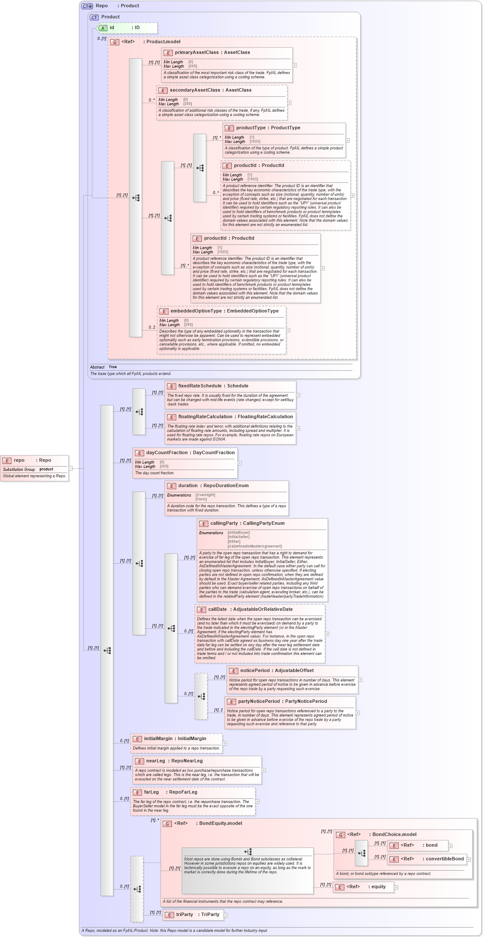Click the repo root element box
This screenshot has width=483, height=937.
34,468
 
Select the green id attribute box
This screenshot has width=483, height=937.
127,28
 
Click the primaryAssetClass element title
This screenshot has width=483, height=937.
212,53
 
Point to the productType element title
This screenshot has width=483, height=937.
268,128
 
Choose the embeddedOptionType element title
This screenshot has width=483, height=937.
224,311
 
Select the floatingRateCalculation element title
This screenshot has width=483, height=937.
235,417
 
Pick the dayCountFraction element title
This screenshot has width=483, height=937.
190,453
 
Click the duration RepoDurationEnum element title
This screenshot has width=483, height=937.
213,486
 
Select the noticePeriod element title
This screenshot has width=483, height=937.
276,671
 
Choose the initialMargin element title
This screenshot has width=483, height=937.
175,739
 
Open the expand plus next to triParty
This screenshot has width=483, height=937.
226,915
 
